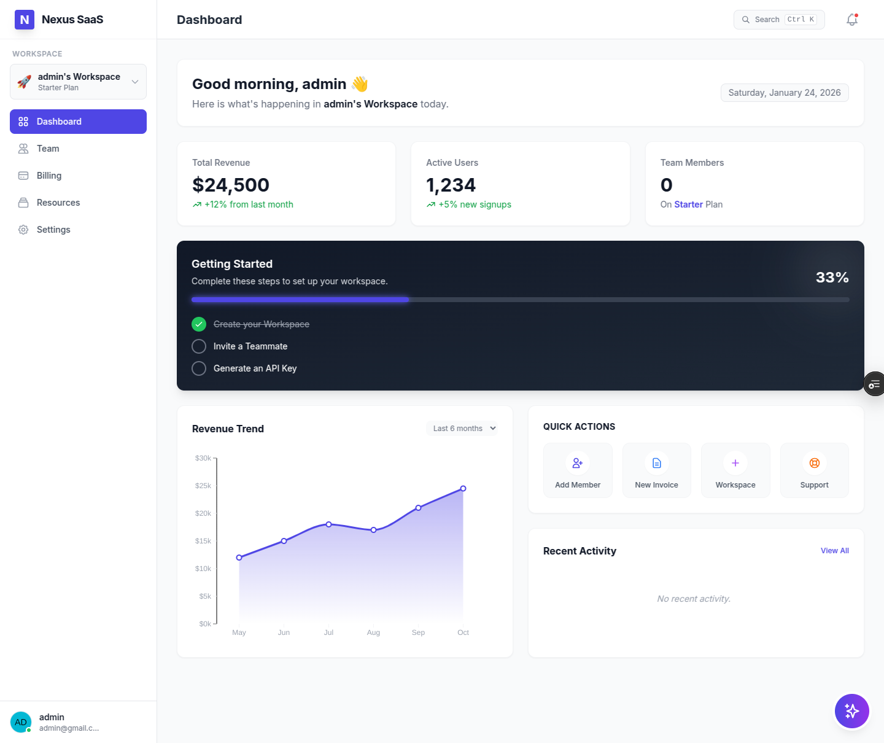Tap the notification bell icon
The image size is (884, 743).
pos(852,20)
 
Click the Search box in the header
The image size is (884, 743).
pos(779,20)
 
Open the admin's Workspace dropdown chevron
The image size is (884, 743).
pos(135,82)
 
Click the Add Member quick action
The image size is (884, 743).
pos(578,470)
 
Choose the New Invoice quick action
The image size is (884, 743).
pos(656,470)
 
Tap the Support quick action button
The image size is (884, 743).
pos(814,470)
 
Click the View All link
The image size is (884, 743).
pos(834,551)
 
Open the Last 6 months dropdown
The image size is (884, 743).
pos(463,428)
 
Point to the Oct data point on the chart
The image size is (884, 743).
pos(463,488)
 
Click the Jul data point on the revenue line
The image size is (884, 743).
pos(328,524)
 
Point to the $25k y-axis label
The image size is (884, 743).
pos(203,486)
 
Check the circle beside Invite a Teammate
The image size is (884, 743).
pos(199,346)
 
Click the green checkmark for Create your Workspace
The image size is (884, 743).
pos(199,324)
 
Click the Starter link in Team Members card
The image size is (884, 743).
pos(688,204)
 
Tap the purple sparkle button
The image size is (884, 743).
pos(852,711)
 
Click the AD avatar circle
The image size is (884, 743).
pos(21,722)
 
